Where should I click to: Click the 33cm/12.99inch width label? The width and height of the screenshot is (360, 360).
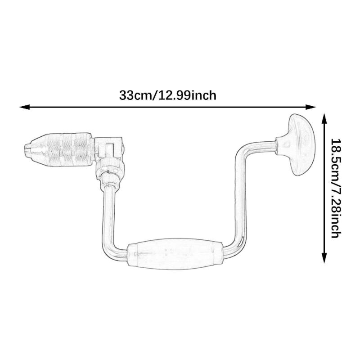coord(168,95)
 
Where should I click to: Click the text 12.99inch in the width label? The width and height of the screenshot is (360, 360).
coord(187,95)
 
